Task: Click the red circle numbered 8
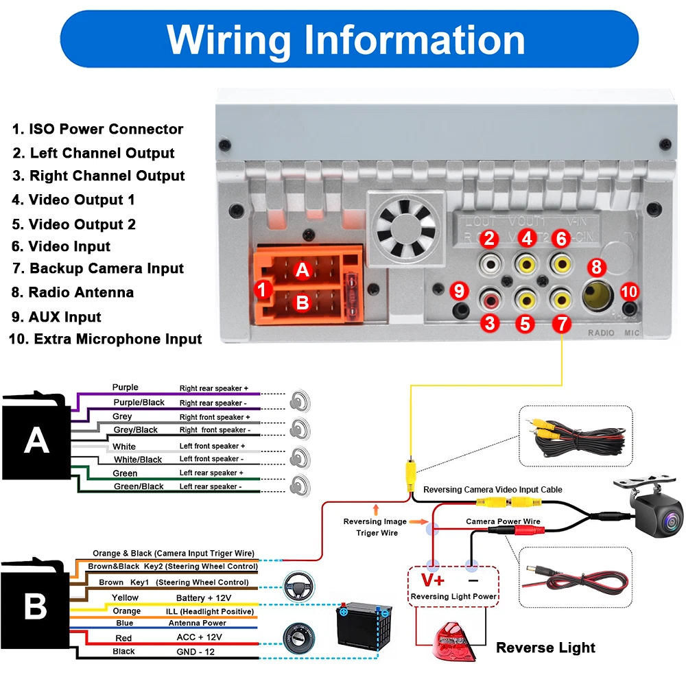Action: click(595, 266)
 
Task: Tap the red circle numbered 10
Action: click(629, 291)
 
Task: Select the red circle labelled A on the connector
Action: click(303, 271)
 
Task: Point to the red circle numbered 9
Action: click(460, 291)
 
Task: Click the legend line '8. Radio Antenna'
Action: click(73, 292)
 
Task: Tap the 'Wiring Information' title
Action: click(346, 39)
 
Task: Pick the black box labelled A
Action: click(36, 440)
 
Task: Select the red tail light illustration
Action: click(456, 642)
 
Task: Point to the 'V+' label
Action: click(432, 580)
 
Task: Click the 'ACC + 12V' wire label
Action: click(200, 637)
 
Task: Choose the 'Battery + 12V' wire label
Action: click(204, 598)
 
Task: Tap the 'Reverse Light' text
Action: click(545, 648)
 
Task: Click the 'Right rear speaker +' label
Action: click(214, 388)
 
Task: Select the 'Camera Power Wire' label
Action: click(503, 521)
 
